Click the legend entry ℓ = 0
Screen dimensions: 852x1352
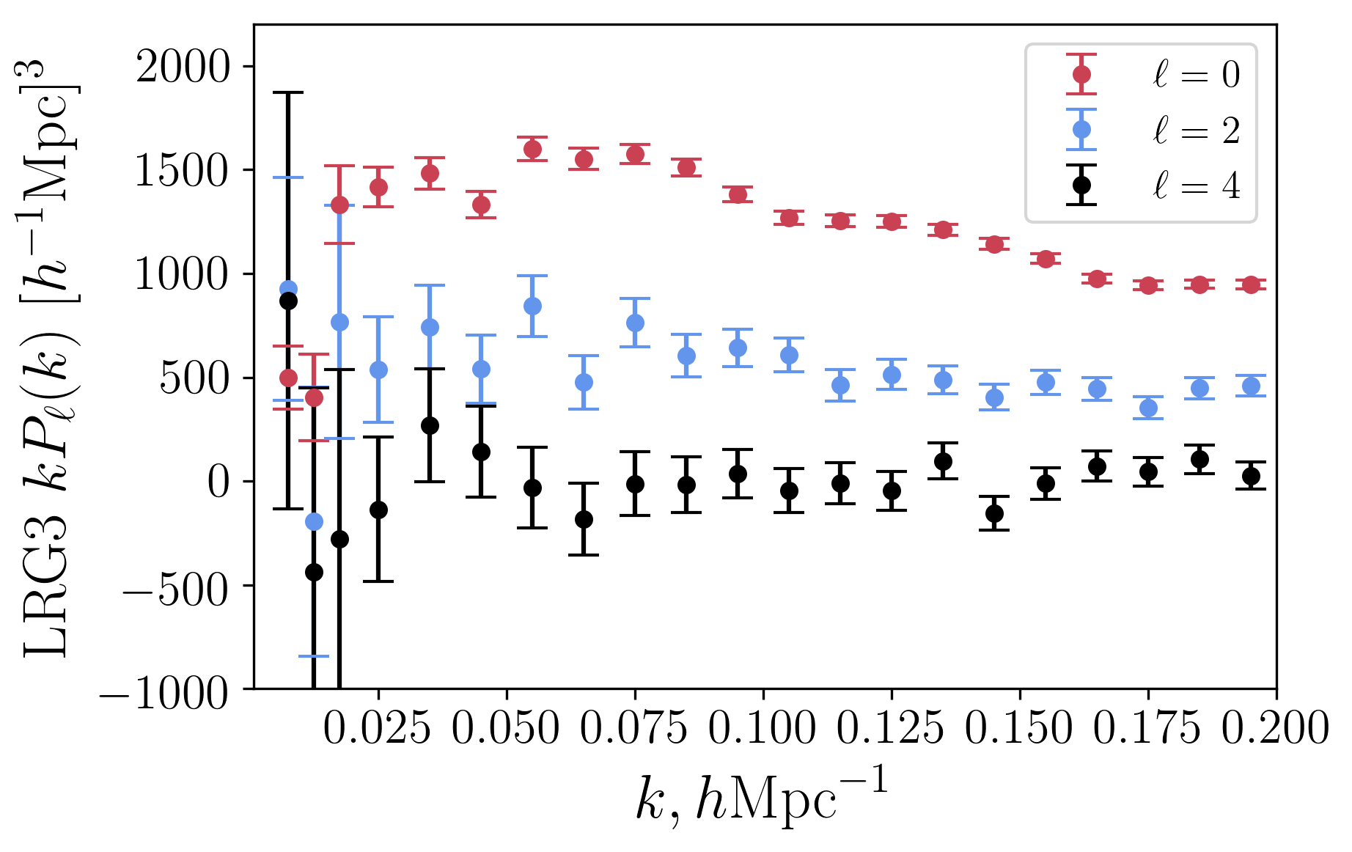[x=1196, y=75]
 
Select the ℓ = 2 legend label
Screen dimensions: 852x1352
[x=1196, y=131]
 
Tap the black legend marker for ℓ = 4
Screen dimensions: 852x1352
[x=1081, y=185]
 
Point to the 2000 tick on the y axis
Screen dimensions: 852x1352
[x=183, y=67]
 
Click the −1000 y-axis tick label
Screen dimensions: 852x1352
[x=165, y=691]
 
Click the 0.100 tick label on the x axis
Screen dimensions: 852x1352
[x=763, y=730]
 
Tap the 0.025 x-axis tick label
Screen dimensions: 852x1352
[x=377, y=730]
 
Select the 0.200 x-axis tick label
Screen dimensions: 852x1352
[x=1276, y=730]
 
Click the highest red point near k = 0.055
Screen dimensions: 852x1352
[x=532, y=150]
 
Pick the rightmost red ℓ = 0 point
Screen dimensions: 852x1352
[x=1251, y=284]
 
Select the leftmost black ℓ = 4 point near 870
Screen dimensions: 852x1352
[x=288, y=301]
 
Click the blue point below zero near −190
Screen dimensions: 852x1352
[x=314, y=521]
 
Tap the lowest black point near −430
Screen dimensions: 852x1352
[x=314, y=572]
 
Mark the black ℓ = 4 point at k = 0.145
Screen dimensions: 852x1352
[x=994, y=513]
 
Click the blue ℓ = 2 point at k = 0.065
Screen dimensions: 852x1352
[x=584, y=382]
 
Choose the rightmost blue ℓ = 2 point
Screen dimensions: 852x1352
[x=1251, y=386]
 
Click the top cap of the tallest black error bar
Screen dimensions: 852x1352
[x=288, y=93]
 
